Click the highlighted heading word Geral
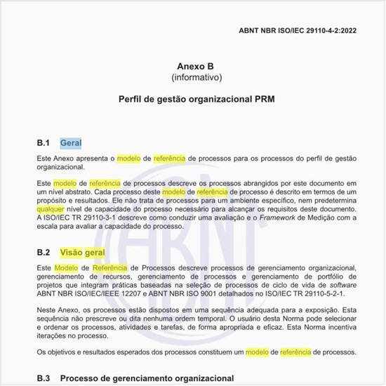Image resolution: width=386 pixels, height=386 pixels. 71,143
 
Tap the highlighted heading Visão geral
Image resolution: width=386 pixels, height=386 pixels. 83,252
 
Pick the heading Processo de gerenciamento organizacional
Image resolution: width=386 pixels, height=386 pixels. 147,378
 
